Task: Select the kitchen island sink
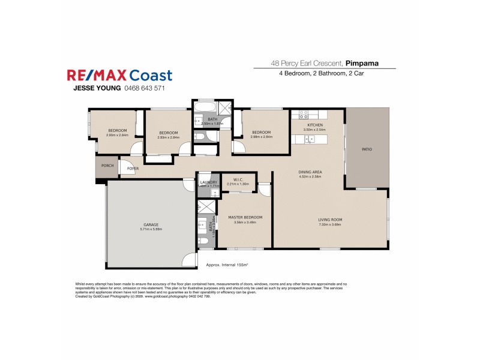pyautogui.click(x=310, y=139)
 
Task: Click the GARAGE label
pyautogui.click(x=151, y=224)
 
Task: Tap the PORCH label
pyautogui.click(x=107, y=166)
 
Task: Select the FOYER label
pyautogui.click(x=133, y=169)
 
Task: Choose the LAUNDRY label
pyautogui.click(x=208, y=182)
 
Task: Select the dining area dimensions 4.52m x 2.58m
pyautogui.click(x=310, y=178)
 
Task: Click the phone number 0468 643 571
pyautogui.click(x=144, y=88)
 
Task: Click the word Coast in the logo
pyautogui.click(x=149, y=76)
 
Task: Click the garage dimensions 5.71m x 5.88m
pyautogui.click(x=151, y=229)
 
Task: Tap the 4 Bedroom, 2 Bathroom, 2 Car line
pyautogui.click(x=322, y=73)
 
